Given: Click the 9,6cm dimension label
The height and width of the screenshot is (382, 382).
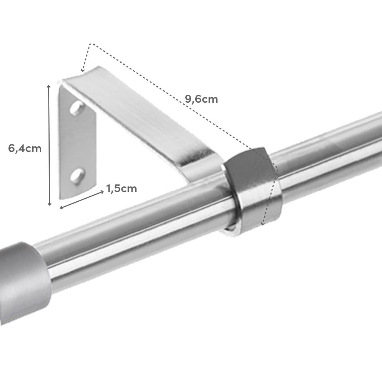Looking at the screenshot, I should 201,99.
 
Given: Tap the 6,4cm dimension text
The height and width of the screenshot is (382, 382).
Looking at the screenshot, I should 25,148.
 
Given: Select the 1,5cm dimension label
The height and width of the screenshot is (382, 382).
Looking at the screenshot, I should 121,188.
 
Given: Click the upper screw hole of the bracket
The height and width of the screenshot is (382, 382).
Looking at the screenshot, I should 77,108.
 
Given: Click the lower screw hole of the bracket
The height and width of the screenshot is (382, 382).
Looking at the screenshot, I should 78,176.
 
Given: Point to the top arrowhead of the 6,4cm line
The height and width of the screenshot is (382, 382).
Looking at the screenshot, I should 49,87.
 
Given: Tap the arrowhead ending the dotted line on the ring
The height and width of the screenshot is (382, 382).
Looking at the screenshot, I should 262,223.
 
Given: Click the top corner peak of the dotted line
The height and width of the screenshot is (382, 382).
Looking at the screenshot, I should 91,44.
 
